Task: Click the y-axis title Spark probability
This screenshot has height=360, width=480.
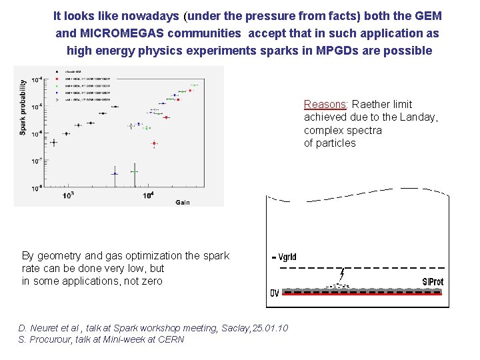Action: (23, 107)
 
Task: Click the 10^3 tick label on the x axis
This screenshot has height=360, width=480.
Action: (68, 195)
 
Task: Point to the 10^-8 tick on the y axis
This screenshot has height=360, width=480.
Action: (38, 187)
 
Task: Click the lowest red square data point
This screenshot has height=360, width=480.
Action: (154, 143)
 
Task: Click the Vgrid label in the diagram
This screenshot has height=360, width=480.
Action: (285, 257)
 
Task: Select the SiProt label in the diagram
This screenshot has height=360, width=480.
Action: (433, 282)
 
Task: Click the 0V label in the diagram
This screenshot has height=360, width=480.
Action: (275, 293)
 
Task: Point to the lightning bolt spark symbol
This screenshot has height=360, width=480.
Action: (342, 273)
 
